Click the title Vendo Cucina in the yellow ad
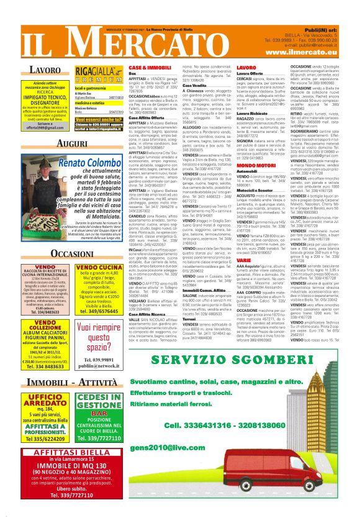point(97,268)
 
